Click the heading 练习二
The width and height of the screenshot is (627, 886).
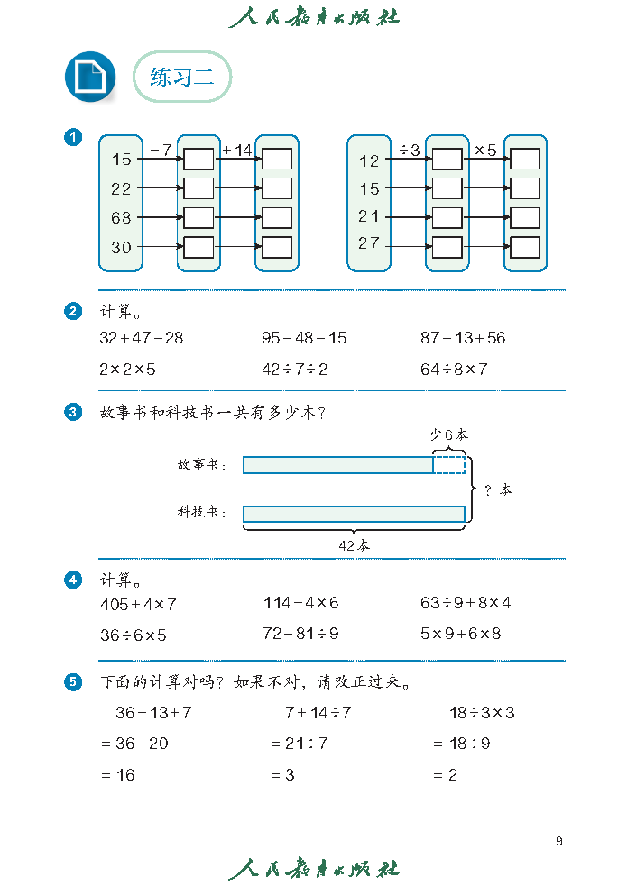(182, 78)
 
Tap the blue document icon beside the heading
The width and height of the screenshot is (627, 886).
(90, 77)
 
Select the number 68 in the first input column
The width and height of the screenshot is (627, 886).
(121, 218)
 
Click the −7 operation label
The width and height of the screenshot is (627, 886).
(161, 150)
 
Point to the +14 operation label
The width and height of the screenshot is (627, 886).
(237, 150)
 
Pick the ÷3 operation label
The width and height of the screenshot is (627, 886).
(410, 150)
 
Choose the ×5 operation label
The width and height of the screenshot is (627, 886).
(485, 150)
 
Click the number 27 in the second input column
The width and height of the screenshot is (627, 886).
(369, 243)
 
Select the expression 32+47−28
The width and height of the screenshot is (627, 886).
(141, 338)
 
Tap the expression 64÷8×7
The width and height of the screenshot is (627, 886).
(454, 369)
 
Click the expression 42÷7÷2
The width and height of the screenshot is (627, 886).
(294, 369)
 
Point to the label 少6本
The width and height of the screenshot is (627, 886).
(449, 434)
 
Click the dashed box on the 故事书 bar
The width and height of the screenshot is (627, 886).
(449, 465)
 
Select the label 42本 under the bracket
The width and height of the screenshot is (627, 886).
(354, 545)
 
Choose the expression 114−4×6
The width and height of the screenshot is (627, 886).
(300, 603)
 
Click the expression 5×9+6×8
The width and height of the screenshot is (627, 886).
(460, 634)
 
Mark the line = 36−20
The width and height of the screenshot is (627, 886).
(134, 744)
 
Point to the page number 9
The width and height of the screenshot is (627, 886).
(559, 841)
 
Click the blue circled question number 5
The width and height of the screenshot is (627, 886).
(74, 682)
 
